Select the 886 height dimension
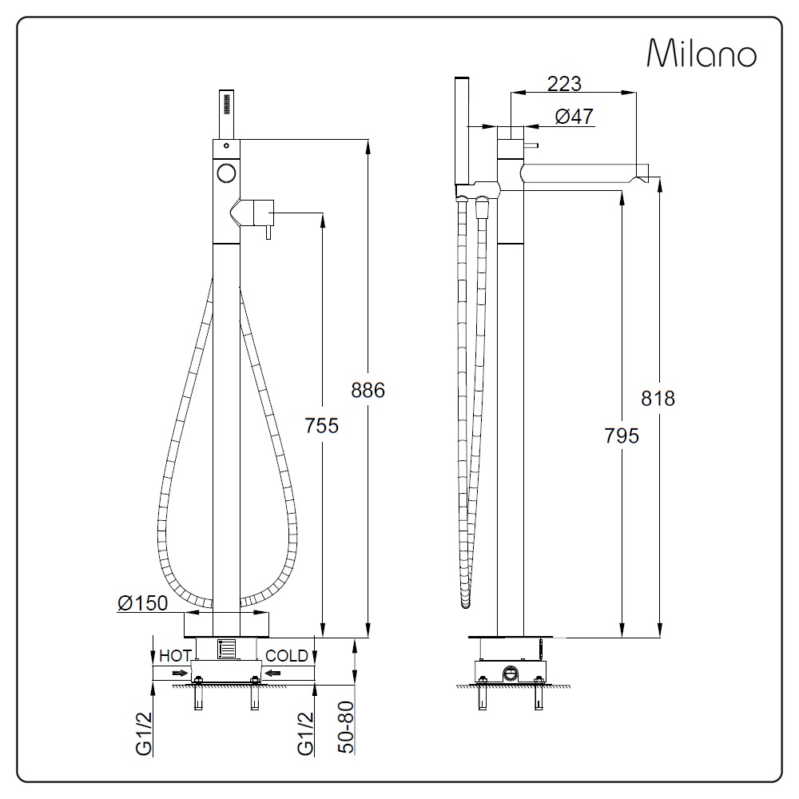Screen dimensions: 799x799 click(x=368, y=390)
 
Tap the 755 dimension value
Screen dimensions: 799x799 click(x=322, y=425)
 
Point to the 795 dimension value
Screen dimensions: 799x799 click(x=622, y=435)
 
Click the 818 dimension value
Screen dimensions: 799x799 click(x=658, y=398)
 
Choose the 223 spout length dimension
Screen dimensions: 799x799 click(x=563, y=83)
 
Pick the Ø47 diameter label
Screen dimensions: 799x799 click(x=574, y=117)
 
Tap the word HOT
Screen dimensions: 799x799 click(x=175, y=656)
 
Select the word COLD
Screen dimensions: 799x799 click(x=287, y=656)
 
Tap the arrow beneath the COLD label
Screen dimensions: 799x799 click(x=273, y=674)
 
